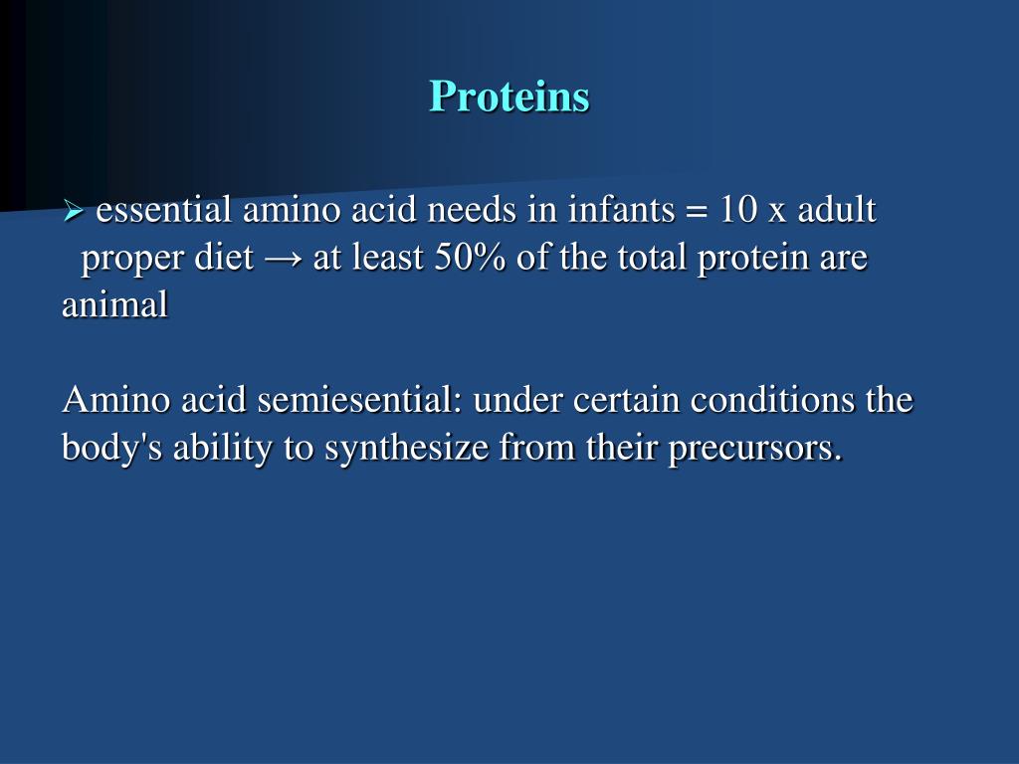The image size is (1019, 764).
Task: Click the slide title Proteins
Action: click(509, 96)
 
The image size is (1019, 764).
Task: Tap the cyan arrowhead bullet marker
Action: click(74, 211)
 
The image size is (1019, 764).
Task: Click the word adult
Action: click(837, 210)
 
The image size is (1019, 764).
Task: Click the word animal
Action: click(115, 304)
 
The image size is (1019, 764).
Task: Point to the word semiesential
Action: click(359, 400)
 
